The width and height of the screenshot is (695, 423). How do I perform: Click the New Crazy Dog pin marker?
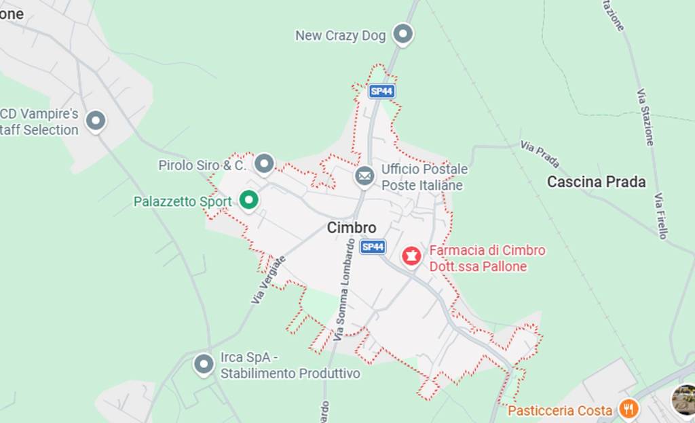pyautogui.click(x=403, y=34)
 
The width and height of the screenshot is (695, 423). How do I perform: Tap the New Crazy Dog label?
pyautogui.click(x=340, y=35)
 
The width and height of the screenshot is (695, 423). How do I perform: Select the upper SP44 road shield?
pyautogui.click(x=381, y=91)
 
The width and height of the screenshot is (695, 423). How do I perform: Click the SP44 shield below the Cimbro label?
pyautogui.click(x=373, y=247)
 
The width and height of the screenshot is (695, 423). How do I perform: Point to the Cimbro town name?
pyautogui.click(x=351, y=228)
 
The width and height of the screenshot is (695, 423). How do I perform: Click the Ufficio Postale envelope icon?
pyautogui.click(x=364, y=176)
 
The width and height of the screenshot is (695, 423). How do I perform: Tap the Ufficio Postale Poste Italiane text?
pyautogui.click(x=424, y=177)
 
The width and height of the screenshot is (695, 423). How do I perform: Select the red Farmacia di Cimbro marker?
pyautogui.click(x=411, y=256)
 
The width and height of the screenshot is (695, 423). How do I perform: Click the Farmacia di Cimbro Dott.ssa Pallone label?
pyautogui.click(x=487, y=258)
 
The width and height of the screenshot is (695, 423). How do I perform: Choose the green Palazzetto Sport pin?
pyautogui.click(x=249, y=200)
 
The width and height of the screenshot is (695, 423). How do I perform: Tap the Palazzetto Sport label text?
pyautogui.click(x=182, y=201)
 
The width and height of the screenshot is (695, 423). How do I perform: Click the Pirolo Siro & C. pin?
pyautogui.click(x=264, y=163)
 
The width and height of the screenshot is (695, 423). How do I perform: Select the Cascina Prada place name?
pyautogui.click(x=596, y=182)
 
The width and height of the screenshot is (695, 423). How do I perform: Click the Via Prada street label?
pyautogui.click(x=540, y=154)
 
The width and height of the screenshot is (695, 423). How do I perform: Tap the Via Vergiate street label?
pyautogui.click(x=269, y=279)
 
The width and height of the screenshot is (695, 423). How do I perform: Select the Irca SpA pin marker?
pyautogui.click(x=204, y=364)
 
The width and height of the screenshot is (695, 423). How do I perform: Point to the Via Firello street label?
pyautogui.click(x=661, y=216)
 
